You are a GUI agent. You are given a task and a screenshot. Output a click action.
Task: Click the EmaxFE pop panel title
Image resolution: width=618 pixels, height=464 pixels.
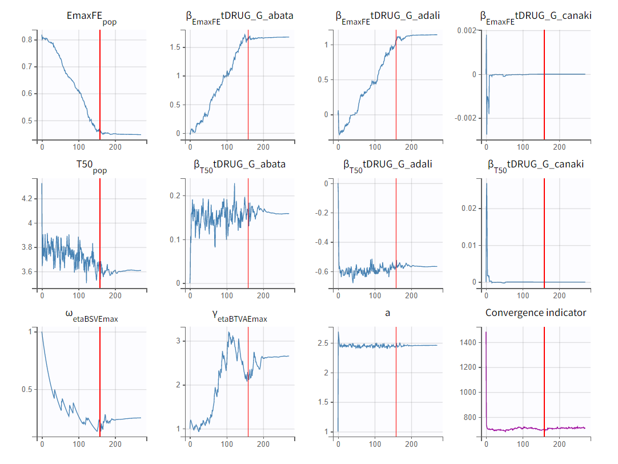tap(91, 17)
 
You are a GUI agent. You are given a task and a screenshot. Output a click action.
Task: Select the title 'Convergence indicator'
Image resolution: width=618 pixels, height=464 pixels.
tap(536, 313)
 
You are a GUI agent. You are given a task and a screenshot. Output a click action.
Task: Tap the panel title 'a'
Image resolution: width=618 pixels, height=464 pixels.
tap(388, 313)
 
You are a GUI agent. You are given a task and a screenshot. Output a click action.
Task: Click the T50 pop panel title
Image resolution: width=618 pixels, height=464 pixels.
tap(91, 165)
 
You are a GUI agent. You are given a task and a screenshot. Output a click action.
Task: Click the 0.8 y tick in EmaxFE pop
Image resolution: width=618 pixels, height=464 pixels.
tap(27, 40)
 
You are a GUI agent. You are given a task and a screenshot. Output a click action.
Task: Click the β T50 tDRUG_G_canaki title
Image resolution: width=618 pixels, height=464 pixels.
tap(536, 165)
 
